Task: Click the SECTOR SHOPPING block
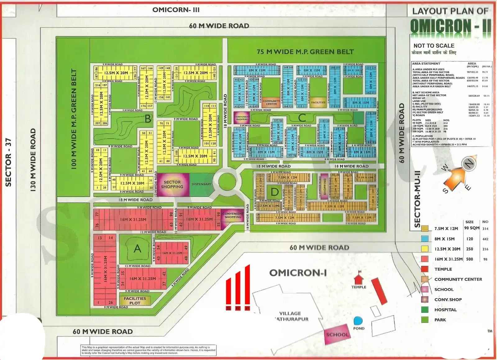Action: [172, 185]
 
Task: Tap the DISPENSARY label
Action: [201, 184]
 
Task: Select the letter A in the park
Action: [137, 248]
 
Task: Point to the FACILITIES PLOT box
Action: [135, 300]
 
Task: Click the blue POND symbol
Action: [358, 321]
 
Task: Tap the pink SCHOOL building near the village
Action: [337, 335]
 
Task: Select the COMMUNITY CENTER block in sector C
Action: [271, 102]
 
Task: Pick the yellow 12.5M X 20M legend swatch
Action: [425, 249]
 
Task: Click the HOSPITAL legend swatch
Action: [425, 310]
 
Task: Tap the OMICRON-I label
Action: [298, 273]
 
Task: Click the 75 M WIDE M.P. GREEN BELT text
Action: [305, 52]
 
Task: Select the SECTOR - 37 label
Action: [8, 162]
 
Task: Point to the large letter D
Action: [275, 192]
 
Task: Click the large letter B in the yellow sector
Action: [148, 119]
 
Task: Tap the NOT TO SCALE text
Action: [434, 46]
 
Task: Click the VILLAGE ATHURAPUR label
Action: [291, 316]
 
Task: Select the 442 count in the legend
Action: [485, 239]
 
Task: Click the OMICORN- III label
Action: [176, 10]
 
